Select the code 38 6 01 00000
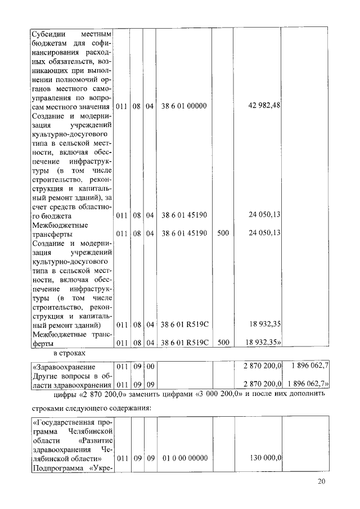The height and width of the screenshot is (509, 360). [184, 106]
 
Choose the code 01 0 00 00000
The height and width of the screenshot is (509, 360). [184, 458]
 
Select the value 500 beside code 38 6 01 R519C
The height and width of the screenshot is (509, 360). [223, 341]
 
